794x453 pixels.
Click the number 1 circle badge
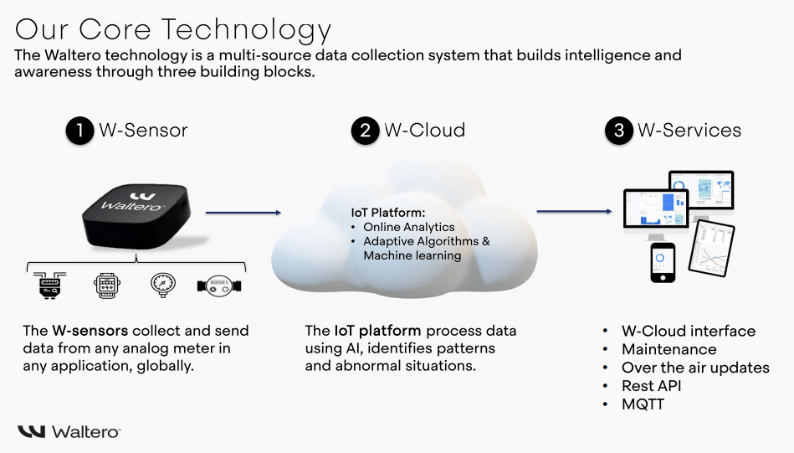79,131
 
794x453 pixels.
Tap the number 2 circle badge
365,131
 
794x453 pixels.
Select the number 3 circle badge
618,131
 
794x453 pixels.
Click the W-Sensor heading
143,131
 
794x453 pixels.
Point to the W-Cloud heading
424,131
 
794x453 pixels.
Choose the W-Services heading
689,131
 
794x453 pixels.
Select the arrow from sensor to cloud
243,213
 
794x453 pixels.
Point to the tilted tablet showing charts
711,249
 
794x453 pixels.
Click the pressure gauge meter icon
160,286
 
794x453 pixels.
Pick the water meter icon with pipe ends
219,286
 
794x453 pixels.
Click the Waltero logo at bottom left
69,431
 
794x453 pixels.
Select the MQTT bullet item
643,404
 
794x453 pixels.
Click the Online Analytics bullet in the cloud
408,227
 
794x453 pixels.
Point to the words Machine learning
412,255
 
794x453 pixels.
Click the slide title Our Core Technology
173,29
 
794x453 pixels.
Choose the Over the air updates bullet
694,368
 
